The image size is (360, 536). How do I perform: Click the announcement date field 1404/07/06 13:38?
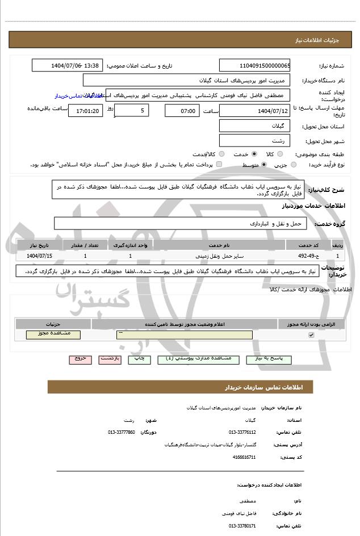[67, 65]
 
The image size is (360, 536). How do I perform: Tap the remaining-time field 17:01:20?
[85, 110]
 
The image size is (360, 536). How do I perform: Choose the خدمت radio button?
[254, 154]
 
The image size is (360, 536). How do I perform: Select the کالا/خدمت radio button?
[221, 154]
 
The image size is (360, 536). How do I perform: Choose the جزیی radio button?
[294, 165]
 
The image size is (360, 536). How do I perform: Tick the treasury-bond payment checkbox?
[219, 165]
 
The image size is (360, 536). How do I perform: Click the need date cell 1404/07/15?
[39, 256]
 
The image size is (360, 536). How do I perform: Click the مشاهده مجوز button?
[53, 334]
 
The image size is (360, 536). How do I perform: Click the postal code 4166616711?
[245, 457]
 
